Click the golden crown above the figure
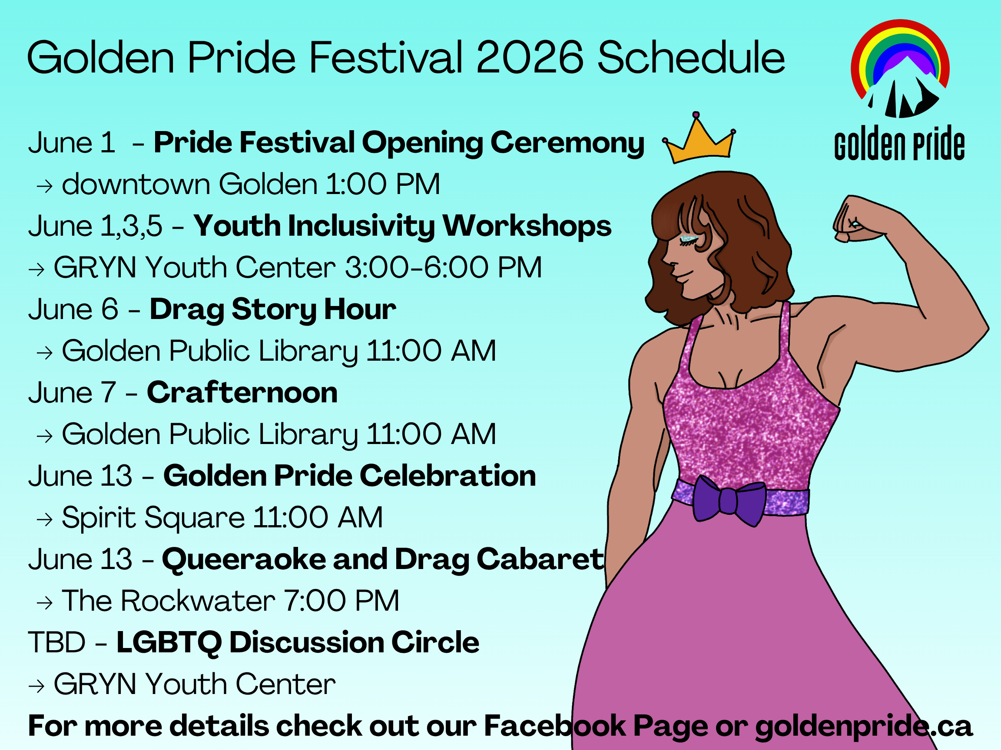pos(699,140)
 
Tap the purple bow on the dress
pos(729,500)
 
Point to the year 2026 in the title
pos(530,57)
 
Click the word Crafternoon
pos(242,392)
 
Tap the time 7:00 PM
pos(341,601)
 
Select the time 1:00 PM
pos(383,184)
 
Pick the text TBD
pos(57,642)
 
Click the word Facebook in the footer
pos(555,726)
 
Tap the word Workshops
pos(527,226)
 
